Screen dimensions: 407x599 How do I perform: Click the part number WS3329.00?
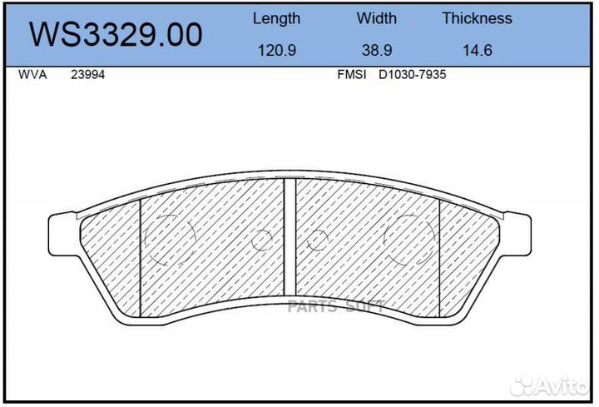(x=116, y=35)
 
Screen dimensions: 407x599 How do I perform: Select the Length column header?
(x=276, y=18)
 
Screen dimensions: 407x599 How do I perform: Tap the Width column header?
(x=377, y=18)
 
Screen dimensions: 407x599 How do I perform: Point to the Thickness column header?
(x=477, y=18)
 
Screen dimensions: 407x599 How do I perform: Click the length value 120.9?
(x=276, y=50)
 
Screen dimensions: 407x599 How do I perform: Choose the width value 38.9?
(x=377, y=50)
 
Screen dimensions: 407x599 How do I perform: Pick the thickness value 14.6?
(x=477, y=50)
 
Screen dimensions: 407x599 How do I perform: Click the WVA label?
(x=32, y=74)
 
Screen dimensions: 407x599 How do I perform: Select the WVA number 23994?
(x=87, y=74)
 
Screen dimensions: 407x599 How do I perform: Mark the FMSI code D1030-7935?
(x=413, y=74)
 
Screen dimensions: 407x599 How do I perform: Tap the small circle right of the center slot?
(x=317, y=242)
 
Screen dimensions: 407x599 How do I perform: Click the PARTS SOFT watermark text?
(x=335, y=307)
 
